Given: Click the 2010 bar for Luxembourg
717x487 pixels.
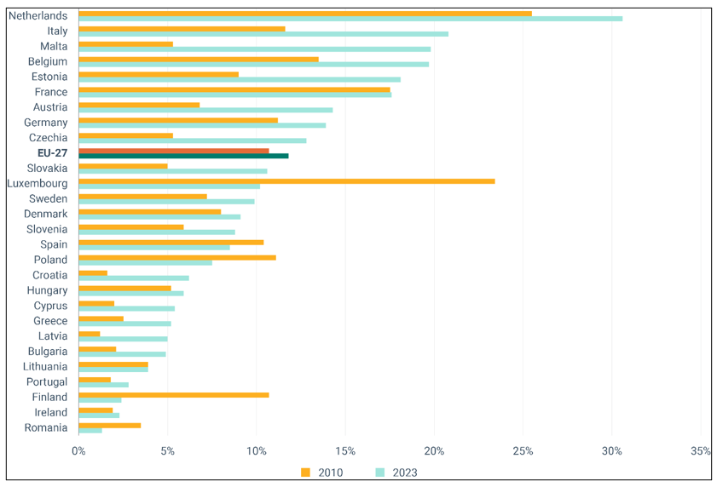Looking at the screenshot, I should [286, 180].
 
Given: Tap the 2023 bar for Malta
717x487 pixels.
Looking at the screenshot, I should [254, 49].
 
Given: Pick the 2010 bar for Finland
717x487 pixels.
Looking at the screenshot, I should [173, 394].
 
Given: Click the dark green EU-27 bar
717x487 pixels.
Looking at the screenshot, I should [183, 156].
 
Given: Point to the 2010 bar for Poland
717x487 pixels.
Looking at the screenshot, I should [176, 256].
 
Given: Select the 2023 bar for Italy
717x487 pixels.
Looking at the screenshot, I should [263, 33].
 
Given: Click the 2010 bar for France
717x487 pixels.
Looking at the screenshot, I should [234, 89].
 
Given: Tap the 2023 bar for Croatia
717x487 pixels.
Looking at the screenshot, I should [133, 278].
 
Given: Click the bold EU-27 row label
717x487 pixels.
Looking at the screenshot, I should [51, 153].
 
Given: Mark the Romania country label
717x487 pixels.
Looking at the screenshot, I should [46, 427].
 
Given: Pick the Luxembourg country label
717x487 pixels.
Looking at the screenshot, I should [37, 183].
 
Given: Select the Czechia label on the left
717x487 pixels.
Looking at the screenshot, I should [48, 138].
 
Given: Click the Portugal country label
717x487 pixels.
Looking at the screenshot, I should [47, 381].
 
